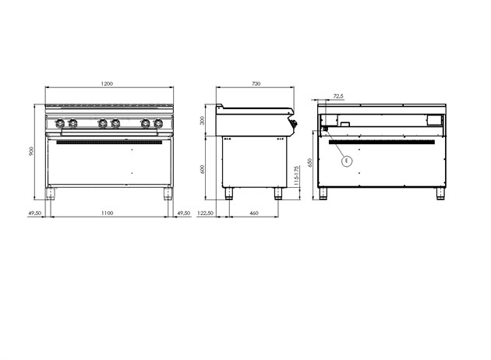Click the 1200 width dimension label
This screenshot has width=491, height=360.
point(107,83)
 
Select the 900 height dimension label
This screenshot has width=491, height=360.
point(31,151)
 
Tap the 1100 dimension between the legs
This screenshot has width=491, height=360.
point(107,213)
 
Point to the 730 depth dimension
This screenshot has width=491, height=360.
point(256,83)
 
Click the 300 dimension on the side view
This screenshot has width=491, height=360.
point(203,121)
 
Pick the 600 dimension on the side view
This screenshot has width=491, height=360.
point(203,170)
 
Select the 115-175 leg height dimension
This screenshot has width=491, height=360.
point(296,175)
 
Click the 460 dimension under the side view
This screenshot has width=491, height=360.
point(254,213)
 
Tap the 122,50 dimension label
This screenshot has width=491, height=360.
point(206,213)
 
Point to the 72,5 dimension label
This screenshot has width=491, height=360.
point(338,96)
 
